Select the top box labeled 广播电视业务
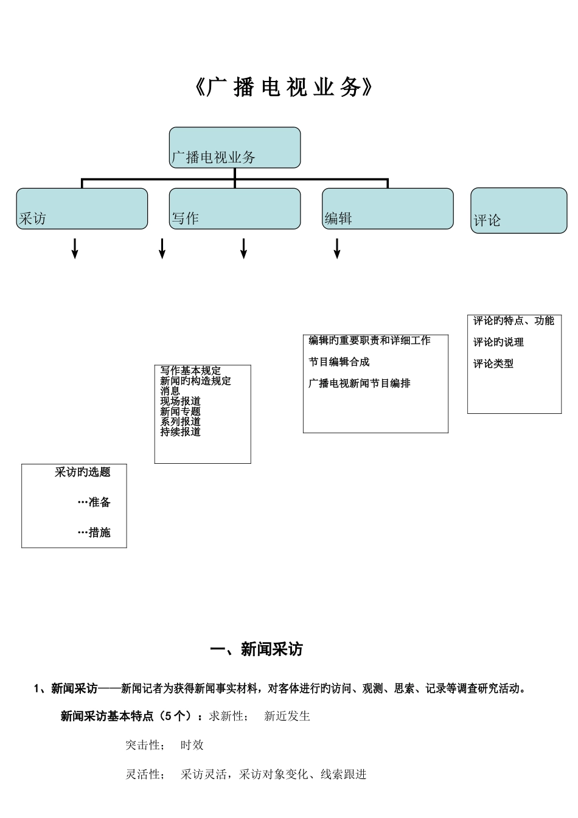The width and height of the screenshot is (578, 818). (234, 148)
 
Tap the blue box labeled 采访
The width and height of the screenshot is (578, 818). (82, 209)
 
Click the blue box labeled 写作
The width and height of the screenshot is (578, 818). (234, 209)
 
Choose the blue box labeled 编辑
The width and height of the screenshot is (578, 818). (387, 209)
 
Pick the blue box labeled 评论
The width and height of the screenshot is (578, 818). (518, 211)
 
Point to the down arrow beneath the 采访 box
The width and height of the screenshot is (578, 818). (75, 248)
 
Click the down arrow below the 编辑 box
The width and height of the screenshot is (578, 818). (337, 248)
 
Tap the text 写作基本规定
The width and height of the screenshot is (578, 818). (190, 371)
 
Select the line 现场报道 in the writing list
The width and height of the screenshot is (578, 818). (180, 401)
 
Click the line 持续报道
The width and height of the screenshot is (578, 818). (180, 432)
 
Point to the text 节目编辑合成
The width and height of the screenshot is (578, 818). (339, 362)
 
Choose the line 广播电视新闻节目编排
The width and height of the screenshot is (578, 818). (359, 383)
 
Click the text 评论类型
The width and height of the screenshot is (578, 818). (493, 363)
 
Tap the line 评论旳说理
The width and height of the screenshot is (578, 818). (498, 342)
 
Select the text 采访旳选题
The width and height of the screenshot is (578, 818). (82, 472)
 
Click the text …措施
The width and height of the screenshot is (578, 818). (94, 533)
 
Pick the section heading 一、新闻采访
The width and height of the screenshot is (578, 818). (256, 649)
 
